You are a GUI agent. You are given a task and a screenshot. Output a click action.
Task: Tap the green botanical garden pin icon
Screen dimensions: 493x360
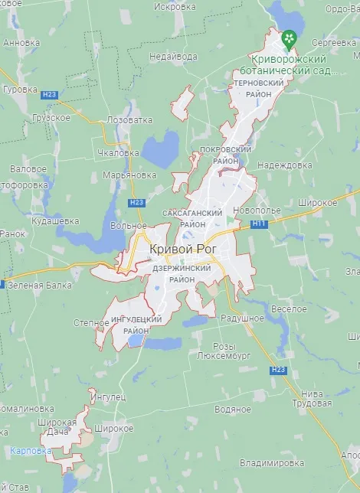click(290, 38)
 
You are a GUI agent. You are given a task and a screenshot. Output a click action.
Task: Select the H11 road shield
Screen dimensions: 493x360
click(258, 224)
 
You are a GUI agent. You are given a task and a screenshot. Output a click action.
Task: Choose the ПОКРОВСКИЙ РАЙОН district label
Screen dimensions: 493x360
click(225, 155)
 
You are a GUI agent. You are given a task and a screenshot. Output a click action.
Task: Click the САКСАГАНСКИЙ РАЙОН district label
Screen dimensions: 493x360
click(192, 218)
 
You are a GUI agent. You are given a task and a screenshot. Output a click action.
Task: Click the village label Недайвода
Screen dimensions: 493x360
click(172, 56)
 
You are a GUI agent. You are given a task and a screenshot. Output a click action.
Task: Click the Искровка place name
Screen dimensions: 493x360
click(175, 6)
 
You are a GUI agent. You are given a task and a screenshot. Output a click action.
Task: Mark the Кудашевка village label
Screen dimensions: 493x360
click(55, 220)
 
